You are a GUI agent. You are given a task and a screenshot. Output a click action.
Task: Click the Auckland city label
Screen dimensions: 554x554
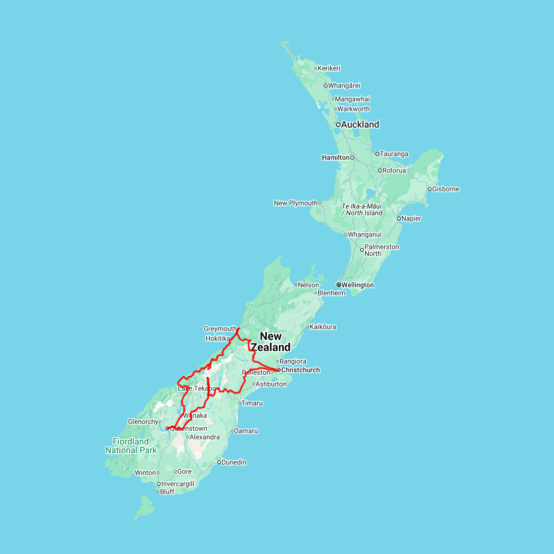[x=361, y=124]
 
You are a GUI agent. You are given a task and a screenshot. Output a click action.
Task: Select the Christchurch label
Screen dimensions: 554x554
[x=300, y=370]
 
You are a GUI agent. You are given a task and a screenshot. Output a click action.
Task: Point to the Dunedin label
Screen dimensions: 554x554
[x=235, y=462]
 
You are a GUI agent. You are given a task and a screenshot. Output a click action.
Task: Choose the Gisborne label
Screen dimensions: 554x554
[x=446, y=189]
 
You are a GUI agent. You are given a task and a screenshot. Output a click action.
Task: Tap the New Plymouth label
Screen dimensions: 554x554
[x=295, y=203]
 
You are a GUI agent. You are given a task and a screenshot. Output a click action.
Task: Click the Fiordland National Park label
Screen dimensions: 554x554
[x=130, y=446]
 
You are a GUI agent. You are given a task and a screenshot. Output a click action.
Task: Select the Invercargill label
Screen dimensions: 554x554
[x=178, y=484]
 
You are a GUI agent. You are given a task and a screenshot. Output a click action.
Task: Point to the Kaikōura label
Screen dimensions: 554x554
[x=323, y=327]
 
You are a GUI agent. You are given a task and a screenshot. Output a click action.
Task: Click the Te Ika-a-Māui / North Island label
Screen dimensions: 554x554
[x=362, y=209]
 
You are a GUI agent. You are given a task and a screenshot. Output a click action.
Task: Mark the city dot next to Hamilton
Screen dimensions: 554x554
[x=353, y=158]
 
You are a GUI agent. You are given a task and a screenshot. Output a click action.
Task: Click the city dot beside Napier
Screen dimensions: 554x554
[x=399, y=219]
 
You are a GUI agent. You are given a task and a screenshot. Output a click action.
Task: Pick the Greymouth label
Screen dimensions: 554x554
[x=220, y=329]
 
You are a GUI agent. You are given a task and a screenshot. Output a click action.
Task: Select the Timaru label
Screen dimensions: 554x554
[x=252, y=403]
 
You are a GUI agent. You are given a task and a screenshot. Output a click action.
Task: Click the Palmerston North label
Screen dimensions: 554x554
[x=382, y=250]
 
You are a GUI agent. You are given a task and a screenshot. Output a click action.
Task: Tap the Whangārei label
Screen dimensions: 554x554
[x=345, y=86]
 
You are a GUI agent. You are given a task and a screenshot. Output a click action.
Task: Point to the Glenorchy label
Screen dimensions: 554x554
[x=143, y=422]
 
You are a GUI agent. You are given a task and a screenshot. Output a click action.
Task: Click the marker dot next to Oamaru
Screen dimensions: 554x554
[x=232, y=431]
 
